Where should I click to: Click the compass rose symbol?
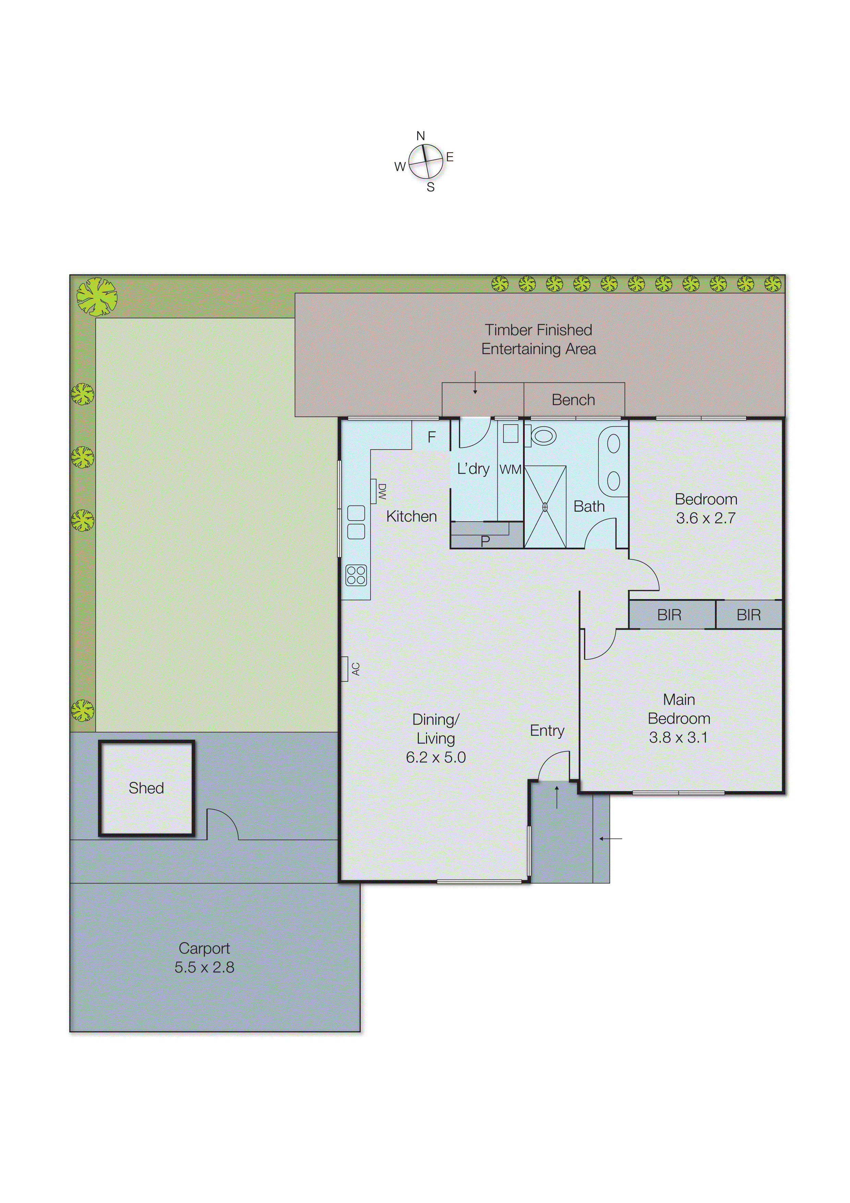425,162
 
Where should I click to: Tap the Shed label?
146,788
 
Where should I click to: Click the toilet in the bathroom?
542,436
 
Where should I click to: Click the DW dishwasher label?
382,491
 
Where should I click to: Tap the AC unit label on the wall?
356,669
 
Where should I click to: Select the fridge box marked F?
431,437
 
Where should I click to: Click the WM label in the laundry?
510,469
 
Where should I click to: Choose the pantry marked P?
485,540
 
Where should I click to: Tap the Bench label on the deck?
573,400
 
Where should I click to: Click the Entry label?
547,730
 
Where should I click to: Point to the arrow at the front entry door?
557,797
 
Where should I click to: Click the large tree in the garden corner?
97,297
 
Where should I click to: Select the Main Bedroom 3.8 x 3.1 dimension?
678,737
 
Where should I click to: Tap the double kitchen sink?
356,522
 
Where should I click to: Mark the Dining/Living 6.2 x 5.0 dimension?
436,757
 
